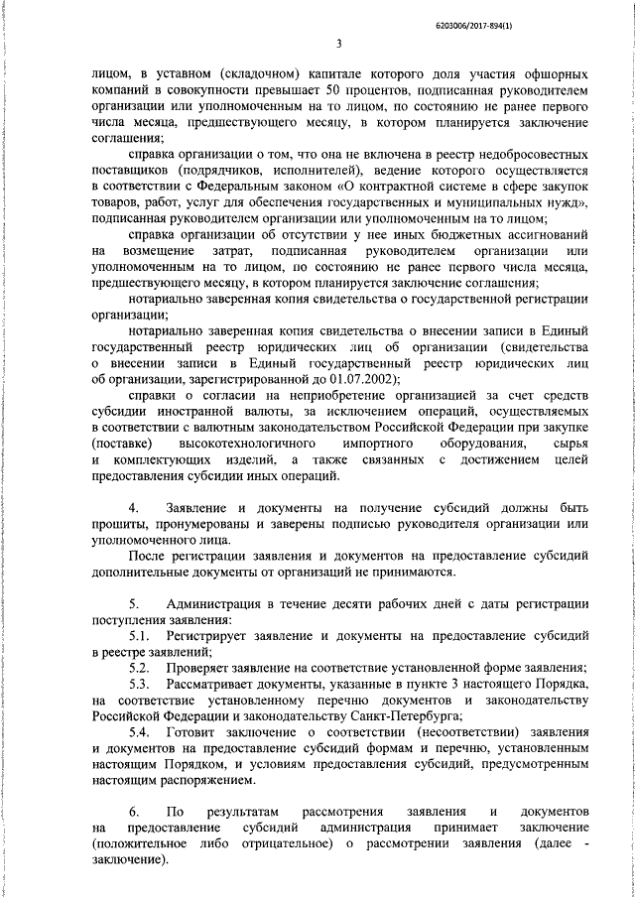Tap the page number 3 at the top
pos(339,43)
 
